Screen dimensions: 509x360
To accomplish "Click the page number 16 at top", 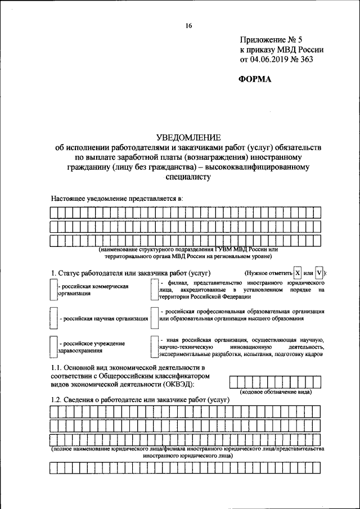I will point(188,25).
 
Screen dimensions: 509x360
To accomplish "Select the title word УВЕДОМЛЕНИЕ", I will point(188,137).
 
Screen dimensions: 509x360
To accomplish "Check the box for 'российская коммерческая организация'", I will point(54,289).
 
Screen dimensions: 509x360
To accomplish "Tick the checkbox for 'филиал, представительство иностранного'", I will point(154,289).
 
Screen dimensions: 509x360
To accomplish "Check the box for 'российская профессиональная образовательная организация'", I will point(154,314).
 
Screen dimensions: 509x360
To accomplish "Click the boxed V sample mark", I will point(319,273).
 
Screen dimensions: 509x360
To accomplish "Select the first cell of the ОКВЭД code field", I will point(233,381).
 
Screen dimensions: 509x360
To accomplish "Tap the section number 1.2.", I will point(57,399).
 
